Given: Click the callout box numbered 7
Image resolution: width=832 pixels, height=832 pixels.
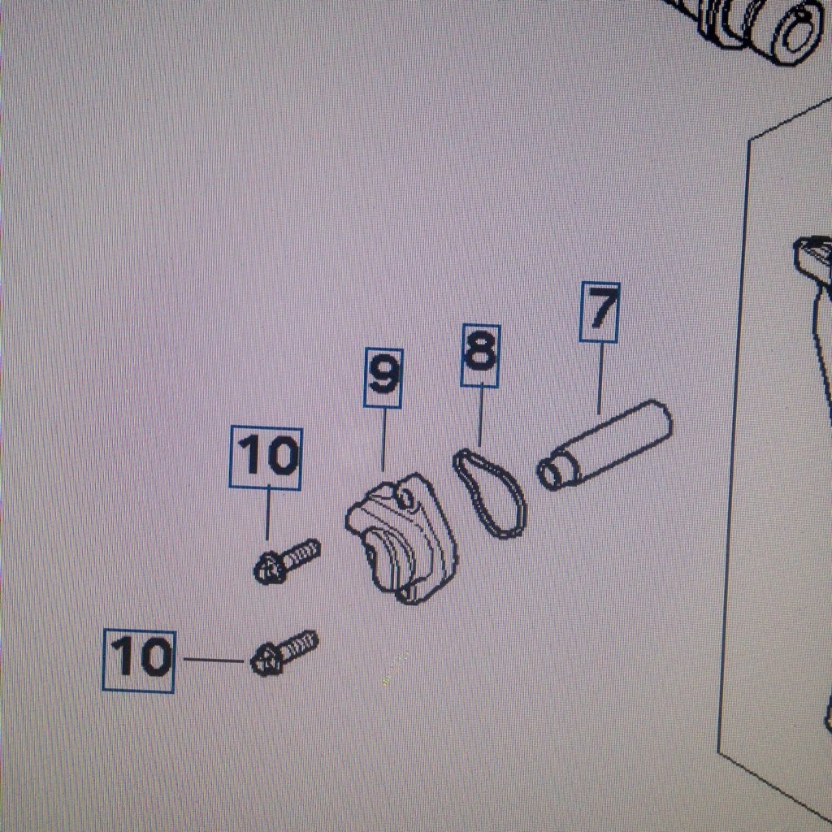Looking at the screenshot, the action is click(x=599, y=312).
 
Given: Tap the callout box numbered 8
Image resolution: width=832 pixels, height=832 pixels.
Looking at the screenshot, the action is click(x=480, y=355).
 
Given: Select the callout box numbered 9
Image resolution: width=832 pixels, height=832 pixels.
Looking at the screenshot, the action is click(x=383, y=378).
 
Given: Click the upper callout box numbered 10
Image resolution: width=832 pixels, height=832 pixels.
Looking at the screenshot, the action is click(x=266, y=458).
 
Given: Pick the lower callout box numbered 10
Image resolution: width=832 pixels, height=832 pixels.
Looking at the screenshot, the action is click(x=139, y=660).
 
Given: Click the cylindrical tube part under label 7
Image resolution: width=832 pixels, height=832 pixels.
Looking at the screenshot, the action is click(x=604, y=444).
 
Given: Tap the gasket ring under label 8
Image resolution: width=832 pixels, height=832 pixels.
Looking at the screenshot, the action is click(x=490, y=493).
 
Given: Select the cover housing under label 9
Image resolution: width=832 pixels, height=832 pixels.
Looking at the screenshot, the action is click(x=401, y=539).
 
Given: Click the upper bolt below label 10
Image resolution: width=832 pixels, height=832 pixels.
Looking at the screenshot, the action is click(x=287, y=561).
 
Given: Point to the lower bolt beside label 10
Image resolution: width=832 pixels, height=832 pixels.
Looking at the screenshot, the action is click(x=284, y=653).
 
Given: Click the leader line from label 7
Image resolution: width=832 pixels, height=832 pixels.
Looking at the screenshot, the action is click(x=600, y=379).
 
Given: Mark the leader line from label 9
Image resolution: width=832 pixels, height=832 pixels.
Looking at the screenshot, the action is click(x=383, y=440).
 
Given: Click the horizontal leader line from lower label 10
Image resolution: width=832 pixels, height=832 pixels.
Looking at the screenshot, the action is click(x=214, y=660).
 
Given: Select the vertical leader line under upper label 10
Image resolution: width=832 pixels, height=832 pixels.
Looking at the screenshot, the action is click(x=267, y=514).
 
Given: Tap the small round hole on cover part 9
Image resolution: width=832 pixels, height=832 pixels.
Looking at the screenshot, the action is click(x=405, y=498).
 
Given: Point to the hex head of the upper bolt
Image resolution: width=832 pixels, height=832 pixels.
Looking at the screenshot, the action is click(x=269, y=569).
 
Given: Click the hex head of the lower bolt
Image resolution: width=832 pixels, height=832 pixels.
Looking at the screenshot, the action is click(x=266, y=661).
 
